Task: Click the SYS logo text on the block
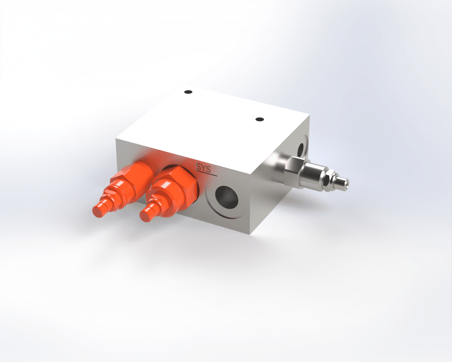203,169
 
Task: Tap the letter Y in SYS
203,168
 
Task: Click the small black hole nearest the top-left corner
188,92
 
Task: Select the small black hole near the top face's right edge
260,119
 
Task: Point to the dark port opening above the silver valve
301,149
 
